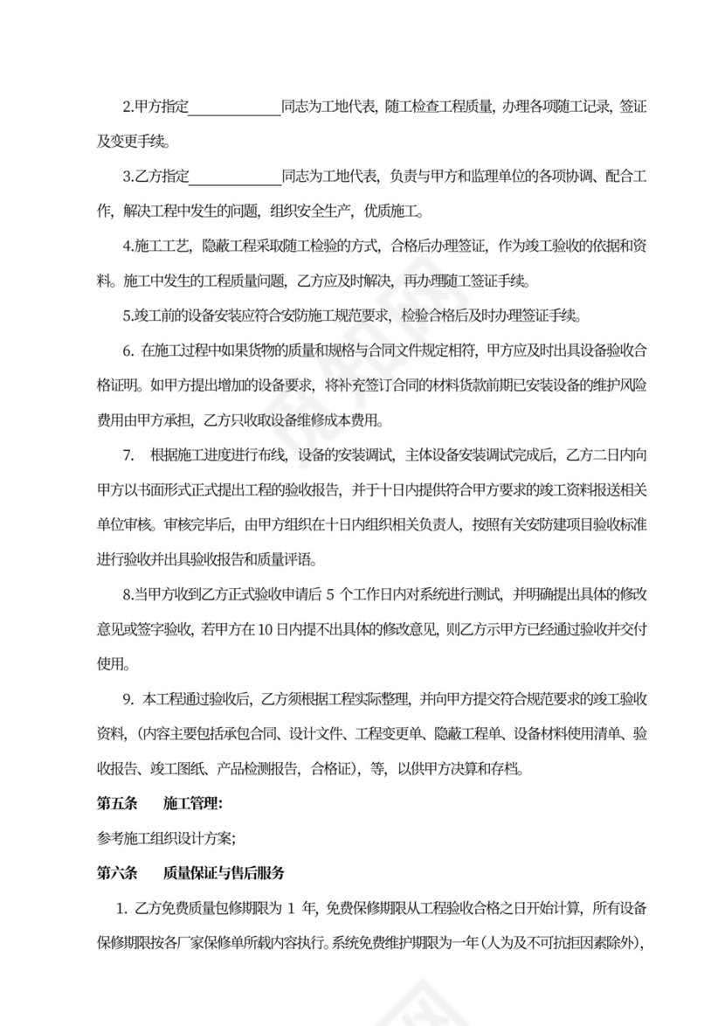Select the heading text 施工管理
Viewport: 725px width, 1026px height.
click(190, 803)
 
